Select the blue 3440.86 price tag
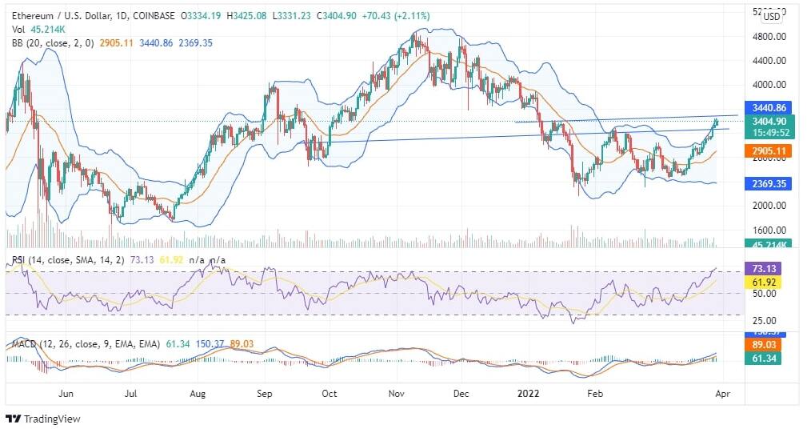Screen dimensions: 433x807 (767, 107)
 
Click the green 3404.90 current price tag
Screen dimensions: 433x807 (767, 122)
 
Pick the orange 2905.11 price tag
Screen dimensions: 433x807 (767, 150)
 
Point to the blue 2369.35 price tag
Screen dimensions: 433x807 (767, 183)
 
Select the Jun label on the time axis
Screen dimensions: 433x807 (66, 395)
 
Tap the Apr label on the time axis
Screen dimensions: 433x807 (721, 395)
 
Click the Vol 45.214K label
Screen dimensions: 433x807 (38, 30)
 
